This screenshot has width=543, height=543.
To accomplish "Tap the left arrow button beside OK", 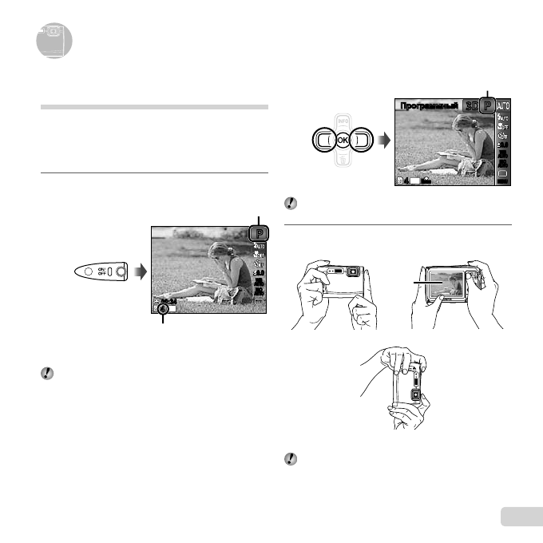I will coord(322,140).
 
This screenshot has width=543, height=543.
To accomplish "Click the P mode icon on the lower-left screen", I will coord(260,233).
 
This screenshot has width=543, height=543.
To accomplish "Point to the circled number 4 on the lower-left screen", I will coord(163,308).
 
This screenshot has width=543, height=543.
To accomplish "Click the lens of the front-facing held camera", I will coord(351,271).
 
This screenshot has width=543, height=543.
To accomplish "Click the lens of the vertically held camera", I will coord(415,395).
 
